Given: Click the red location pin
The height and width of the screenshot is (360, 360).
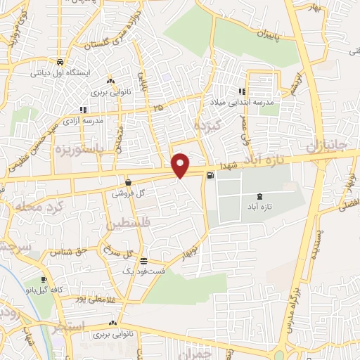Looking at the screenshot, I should coord(181,165).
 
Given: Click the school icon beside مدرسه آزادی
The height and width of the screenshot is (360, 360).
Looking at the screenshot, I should coord(83,110).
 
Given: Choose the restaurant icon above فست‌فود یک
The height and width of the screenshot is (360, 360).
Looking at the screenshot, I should coord(143,260).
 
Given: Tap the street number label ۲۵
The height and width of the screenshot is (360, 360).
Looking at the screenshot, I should coord(157,108).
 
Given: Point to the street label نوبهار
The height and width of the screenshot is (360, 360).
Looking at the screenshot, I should coord(191,252).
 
